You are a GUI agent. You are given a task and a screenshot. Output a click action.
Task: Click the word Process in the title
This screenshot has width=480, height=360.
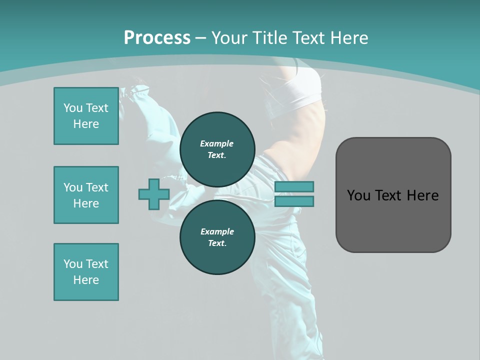157,37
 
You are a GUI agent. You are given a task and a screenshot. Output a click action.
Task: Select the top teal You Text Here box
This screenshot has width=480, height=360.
86,116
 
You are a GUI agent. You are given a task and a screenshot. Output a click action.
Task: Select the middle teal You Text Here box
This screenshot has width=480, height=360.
86,195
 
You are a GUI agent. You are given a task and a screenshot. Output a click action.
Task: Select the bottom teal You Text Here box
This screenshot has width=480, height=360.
86,272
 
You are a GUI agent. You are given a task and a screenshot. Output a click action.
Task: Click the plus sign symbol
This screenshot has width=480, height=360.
153,194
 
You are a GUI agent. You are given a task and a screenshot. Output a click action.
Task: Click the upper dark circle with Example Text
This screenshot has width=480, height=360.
217,149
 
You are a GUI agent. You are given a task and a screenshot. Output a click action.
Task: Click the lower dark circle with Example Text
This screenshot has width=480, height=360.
217,237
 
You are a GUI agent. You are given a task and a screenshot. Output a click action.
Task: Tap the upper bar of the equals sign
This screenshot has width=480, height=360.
294,186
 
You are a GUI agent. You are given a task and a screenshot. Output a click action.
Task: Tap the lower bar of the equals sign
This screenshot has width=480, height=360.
294,201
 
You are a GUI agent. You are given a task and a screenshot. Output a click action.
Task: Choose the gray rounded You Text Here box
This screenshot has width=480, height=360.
393,195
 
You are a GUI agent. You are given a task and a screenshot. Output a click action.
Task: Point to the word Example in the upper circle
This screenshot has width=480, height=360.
217,143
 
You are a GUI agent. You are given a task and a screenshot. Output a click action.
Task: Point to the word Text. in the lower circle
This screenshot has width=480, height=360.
217,243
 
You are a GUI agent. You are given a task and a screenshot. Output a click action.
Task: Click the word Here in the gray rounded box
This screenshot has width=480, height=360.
422,195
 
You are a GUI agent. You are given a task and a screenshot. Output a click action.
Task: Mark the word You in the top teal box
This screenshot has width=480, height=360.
73,108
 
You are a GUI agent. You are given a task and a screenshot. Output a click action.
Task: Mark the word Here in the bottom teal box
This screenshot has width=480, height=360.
86,280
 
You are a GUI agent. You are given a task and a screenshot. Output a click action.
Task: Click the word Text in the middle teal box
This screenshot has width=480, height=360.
97,187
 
